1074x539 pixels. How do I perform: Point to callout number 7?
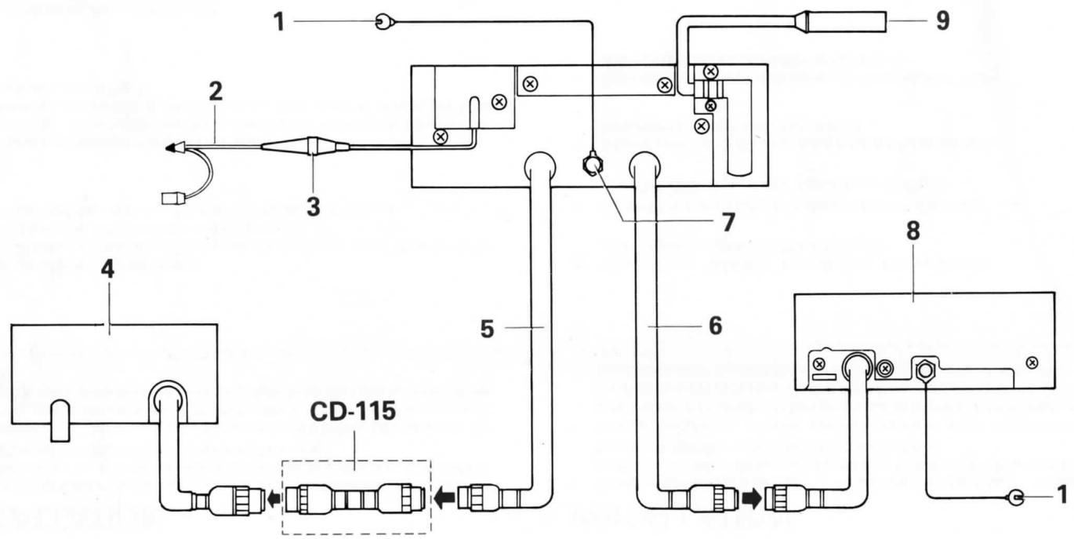coord(728,223)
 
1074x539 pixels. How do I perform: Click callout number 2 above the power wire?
coord(215,92)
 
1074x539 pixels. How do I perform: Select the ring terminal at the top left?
coord(383,23)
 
